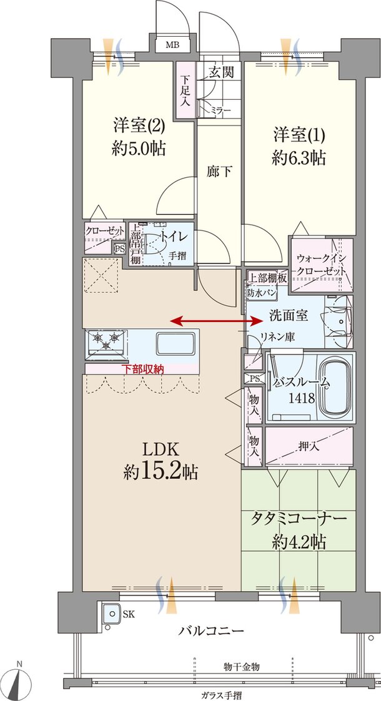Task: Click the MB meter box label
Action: point(171,45)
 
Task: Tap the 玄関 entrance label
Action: point(221,73)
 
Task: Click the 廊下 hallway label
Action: point(220,170)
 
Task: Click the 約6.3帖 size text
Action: point(299,158)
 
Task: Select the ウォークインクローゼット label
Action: point(320,264)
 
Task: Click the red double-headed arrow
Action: point(217,321)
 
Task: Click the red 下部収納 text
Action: point(142,369)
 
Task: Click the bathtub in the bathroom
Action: point(335,389)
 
